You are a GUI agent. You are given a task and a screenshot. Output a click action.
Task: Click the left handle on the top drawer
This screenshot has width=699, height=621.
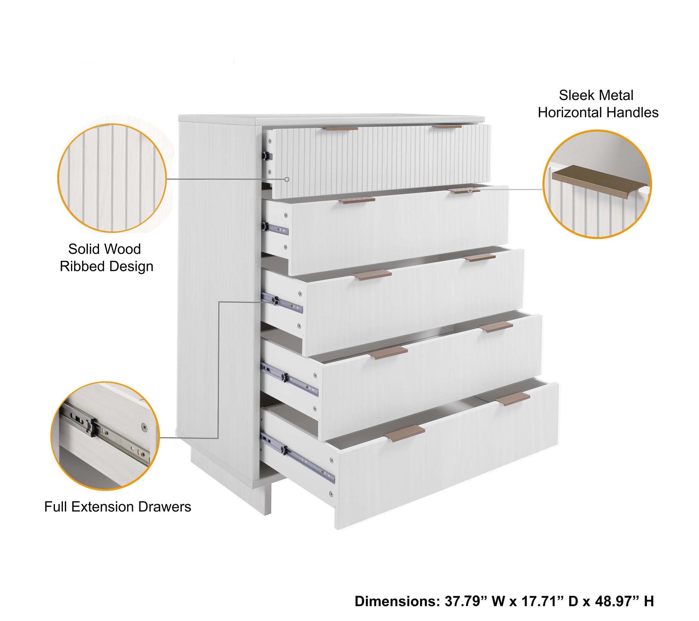[342, 129]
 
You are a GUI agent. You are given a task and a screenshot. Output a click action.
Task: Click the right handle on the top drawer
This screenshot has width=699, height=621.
[449, 127]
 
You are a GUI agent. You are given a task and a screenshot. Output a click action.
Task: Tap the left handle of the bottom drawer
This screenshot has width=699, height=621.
[404, 433]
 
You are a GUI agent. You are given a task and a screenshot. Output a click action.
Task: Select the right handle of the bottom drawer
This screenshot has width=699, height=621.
[513, 399]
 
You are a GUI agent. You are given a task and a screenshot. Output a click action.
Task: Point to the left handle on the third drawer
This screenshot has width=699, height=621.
[372, 275]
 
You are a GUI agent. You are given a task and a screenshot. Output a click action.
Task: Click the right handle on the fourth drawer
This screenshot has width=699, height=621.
[496, 327]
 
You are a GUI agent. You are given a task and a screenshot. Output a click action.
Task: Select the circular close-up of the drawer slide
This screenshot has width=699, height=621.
[105, 436]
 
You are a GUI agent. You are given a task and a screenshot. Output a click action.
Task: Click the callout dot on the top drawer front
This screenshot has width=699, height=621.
[287, 179]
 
